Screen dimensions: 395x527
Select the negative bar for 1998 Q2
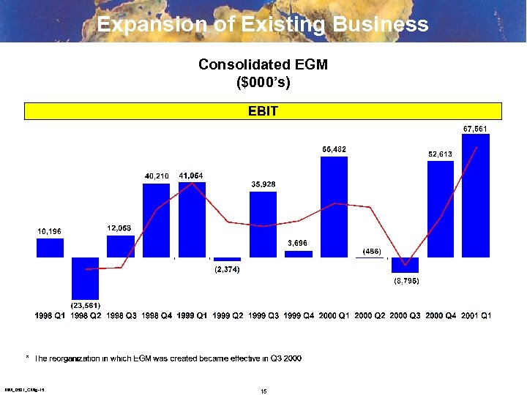[86, 277]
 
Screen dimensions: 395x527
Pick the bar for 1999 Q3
[263, 224]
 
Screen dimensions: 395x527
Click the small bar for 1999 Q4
[299, 254]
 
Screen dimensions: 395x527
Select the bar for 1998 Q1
[50, 248]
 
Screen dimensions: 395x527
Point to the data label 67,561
[476, 129]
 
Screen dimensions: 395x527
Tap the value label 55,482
[334, 149]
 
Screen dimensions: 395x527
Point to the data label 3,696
[299, 243]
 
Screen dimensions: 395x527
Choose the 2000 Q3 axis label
[405, 315]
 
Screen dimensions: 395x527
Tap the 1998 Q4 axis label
[157, 315]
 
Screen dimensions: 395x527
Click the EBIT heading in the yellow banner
[263, 111]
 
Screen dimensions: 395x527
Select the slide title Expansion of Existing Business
[263, 24]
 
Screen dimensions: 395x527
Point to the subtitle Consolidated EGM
[263, 64]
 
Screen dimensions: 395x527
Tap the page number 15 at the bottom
[263, 391]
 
